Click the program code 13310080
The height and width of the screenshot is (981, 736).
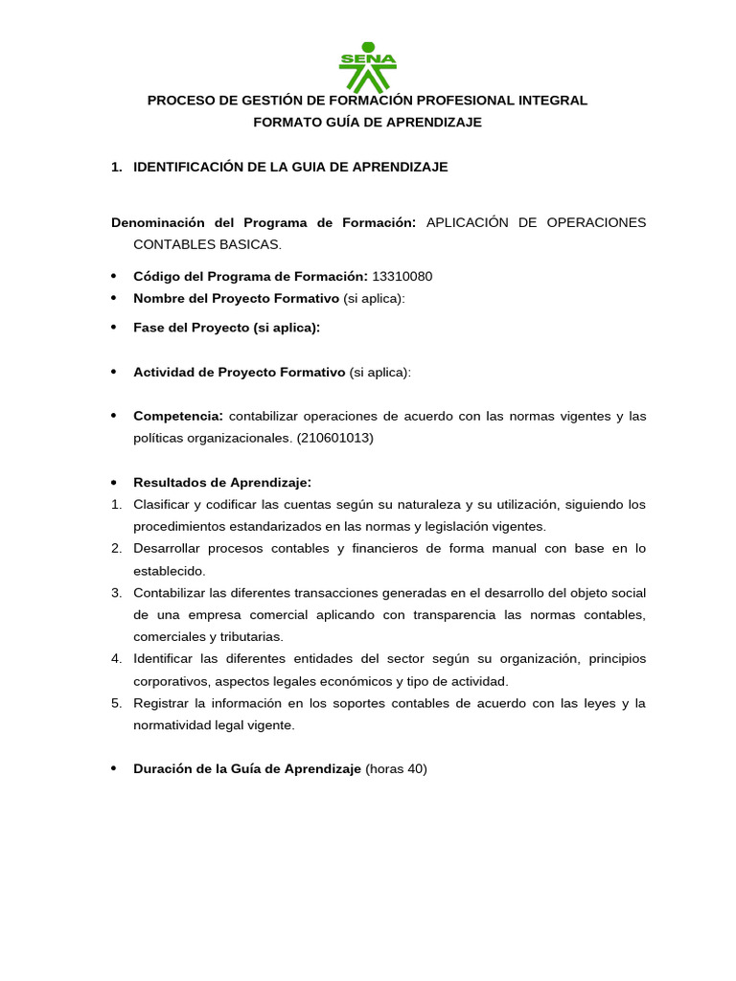(402, 277)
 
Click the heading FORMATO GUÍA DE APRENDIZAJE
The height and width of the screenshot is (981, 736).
(367, 122)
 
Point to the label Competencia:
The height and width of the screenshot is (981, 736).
(178, 416)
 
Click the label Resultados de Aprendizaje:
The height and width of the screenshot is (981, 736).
(222, 482)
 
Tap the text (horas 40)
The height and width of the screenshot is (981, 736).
(396, 768)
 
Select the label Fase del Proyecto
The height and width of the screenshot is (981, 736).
(192, 328)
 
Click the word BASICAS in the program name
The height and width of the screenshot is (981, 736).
(257, 244)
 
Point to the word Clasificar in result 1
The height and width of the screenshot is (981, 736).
(162, 504)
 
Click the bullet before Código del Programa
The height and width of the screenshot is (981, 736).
(114, 277)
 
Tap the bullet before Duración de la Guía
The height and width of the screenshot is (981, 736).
(114, 768)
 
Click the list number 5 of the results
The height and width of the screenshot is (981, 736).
(115, 703)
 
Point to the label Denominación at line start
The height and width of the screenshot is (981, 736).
(154, 222)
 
